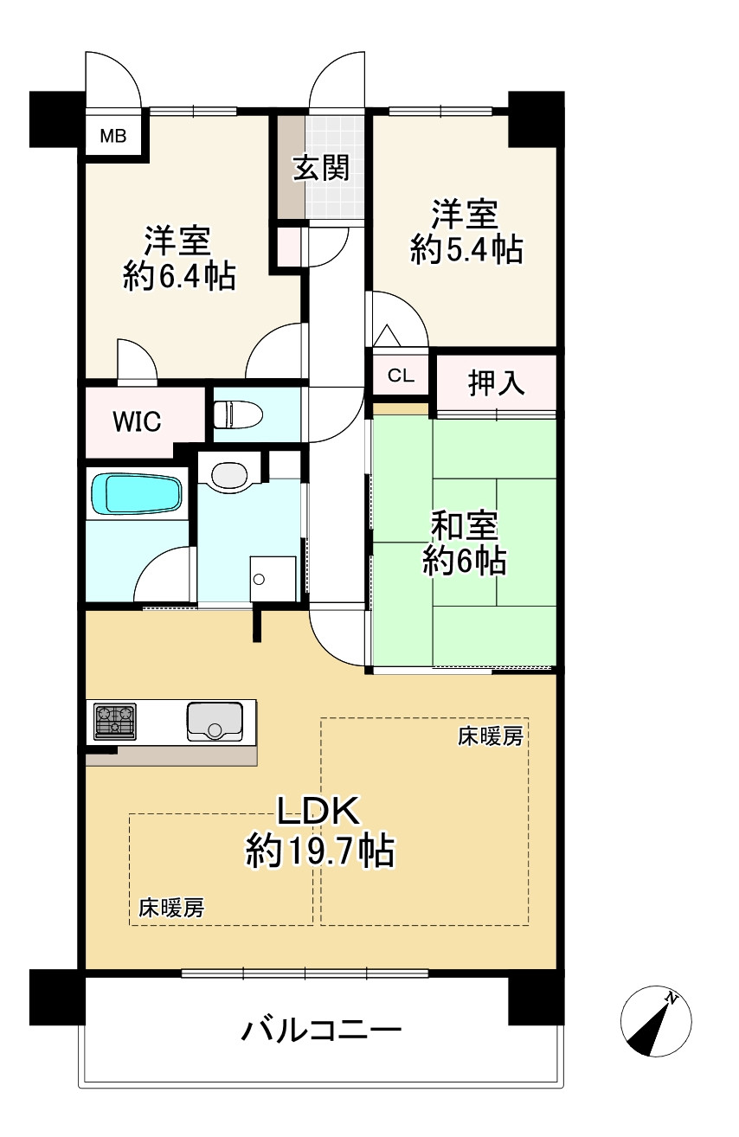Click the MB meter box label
112,135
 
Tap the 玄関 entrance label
320,168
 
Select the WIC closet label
137,422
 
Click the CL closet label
401,376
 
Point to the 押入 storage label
497,382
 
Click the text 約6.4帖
179,276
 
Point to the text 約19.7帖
320,852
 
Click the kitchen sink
214,721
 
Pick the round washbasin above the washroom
229,475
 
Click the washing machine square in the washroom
272,577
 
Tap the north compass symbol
656,1022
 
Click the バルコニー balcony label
321,1030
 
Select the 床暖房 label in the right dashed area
491,737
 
